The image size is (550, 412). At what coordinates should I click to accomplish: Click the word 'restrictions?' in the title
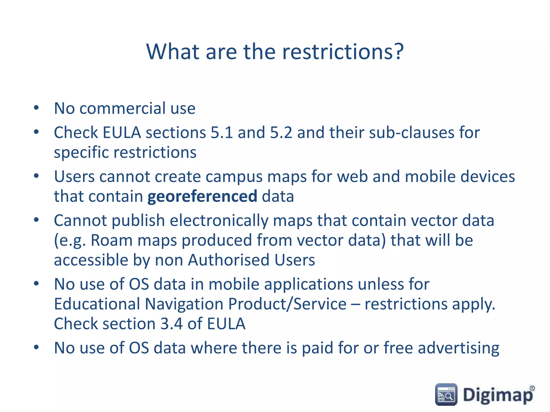tap(343, 51)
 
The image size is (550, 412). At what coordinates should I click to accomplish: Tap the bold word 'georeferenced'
tap(202, 196)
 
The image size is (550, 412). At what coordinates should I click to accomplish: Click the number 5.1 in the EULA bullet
tap(222, 133)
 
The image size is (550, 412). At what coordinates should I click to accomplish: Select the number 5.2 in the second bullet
tap(281, 133)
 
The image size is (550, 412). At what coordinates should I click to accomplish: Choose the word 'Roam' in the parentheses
tap(111, 240)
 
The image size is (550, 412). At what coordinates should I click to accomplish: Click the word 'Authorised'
tap(229, 260)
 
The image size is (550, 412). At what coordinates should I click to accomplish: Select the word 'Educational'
tap(97, 304)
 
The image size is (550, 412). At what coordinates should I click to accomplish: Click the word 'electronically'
tap(219, 221)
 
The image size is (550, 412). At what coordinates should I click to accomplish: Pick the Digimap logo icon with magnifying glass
tap(446, 394)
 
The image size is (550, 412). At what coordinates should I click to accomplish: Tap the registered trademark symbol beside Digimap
tap(532, 388)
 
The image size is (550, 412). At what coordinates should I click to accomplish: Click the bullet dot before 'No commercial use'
tap(36, 108)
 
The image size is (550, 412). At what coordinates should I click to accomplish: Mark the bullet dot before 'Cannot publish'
tap(36, 220)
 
